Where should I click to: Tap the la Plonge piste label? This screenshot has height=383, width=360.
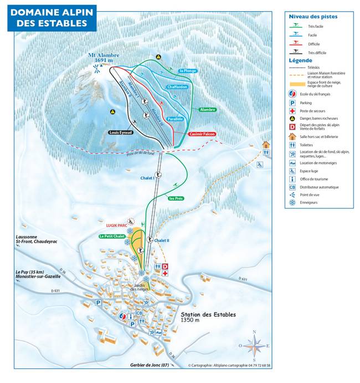pos(188,71)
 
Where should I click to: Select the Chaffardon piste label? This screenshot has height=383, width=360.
pos(177,87)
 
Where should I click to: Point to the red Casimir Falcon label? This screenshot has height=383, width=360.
pos(202,134)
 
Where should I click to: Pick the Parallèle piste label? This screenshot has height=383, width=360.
pos(174,119)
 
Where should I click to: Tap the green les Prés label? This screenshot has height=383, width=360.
pos(176,198)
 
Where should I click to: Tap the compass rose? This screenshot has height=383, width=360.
pos(254,346)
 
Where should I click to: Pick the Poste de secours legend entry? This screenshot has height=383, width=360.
pos(313,111)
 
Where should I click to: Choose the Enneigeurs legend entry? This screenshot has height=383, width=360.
pos(309,202)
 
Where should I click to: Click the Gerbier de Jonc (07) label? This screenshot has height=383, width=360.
pos(149,366)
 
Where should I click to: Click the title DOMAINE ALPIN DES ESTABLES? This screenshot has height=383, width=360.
pos(52,17)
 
